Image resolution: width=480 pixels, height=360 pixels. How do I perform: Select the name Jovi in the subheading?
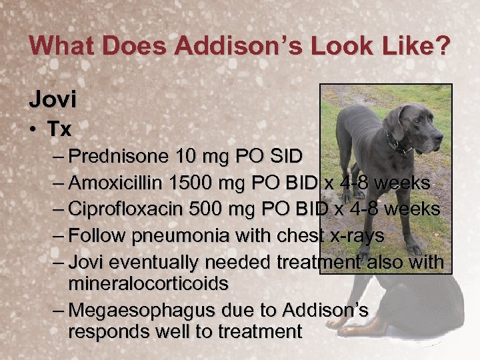(x=53, y=99)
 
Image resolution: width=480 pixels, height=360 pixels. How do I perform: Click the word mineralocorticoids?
(x=148, y=284)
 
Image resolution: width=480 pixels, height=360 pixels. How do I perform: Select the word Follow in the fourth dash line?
(x=98, y=235)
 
